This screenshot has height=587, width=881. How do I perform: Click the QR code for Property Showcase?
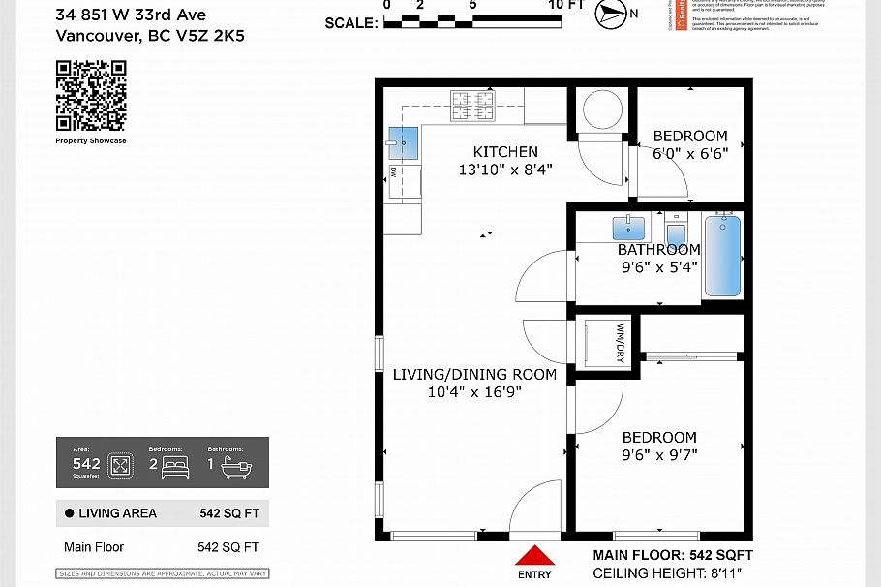pos(91,95)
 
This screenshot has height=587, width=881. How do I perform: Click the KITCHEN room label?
pos(505,151)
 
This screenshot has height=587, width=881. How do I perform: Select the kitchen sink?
pos(403,143)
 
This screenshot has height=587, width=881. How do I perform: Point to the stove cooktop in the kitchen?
pos(472,106)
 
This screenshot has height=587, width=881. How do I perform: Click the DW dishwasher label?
pos(393,171)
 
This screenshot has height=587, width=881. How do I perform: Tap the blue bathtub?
pos(722,256)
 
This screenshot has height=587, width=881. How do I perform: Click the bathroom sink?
pos(629,228)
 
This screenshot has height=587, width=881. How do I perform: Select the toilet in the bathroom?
pos(677,233)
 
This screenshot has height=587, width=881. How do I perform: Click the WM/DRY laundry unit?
pos(607,342)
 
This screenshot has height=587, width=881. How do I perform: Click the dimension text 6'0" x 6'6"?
pos(689,153)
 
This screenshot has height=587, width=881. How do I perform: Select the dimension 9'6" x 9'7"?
pos(659,454)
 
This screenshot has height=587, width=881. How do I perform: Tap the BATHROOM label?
pos(658,249)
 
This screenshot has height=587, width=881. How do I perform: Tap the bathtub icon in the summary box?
pos(235,466)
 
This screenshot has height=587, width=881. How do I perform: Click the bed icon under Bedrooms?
pos(175,466)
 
